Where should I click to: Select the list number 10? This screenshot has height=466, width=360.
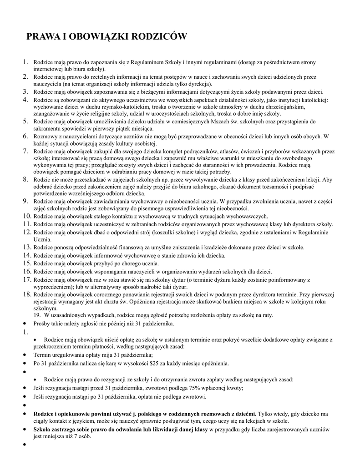pyautogui.click(x=27, y=216)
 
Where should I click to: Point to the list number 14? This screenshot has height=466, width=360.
pyautogui.click(x=27, y=255)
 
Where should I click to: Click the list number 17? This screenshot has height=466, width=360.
pyautogui.click(x=27, y=279)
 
